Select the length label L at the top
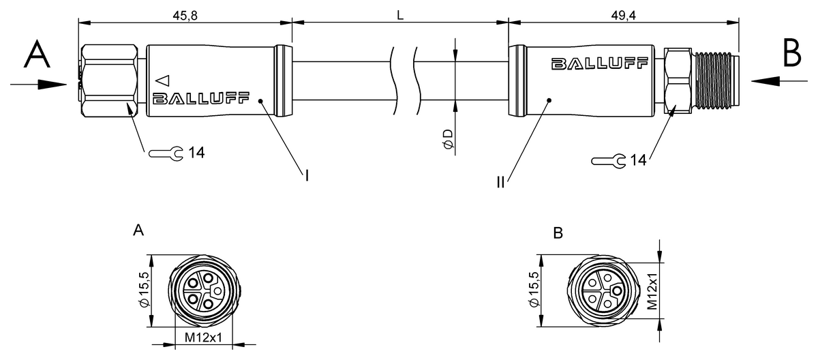click(401, 13)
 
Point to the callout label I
click(307, 177)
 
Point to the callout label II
click(501, 183)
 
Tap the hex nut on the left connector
click(110, 81)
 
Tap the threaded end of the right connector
click(716, 81)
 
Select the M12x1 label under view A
click(204, 337)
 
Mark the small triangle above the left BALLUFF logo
click(162, 79)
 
